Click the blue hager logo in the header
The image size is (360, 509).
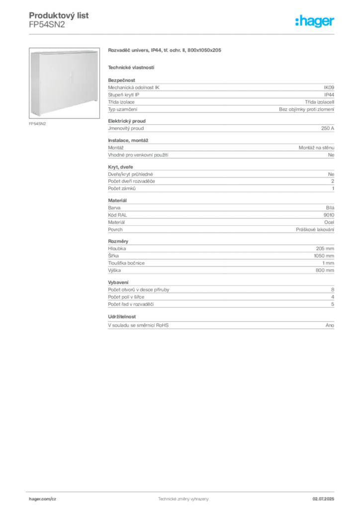tap(315, 22)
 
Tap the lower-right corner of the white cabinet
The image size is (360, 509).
tap(96, 105)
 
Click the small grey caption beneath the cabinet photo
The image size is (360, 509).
tap(38, 123)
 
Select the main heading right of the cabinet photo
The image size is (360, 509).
tap(165, 51)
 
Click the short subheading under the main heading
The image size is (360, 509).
tap(131, 67)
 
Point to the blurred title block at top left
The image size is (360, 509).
tap(60, 17)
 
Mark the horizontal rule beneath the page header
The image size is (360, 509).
tap(183, 34)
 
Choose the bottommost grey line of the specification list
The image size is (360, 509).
tap(221, 324)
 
